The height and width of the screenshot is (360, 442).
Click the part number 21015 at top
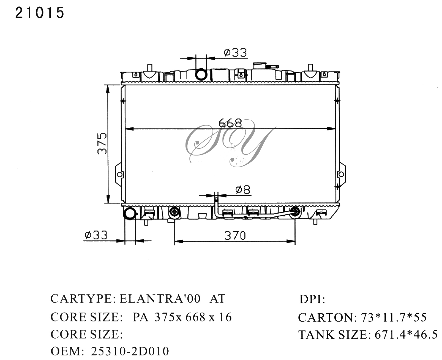click(x=40, y=13)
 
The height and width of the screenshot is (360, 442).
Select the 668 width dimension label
click(x=230, y=123)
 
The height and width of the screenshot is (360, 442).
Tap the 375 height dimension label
click(x=102, y=143)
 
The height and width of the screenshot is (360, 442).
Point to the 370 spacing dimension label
click(x=235, y=235)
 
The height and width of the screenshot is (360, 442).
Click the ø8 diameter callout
click(x=243, y=190)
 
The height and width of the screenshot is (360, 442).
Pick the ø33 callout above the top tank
click(x=235, y=53)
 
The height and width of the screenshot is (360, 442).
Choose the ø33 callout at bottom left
click(x=96, y=235)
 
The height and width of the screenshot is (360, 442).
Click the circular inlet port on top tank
click(x=201, y=74)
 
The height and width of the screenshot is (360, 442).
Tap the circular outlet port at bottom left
click(x=129, y=213)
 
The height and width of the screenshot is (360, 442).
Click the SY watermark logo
click(x=228, y=144)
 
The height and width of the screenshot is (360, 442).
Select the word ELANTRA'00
click(x=160, y=298)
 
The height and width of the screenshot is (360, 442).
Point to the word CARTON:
click(x=326, y=317)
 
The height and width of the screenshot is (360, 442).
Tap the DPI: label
click(x=312, y=299)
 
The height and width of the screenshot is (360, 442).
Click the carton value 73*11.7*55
click(x=394, y=317)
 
